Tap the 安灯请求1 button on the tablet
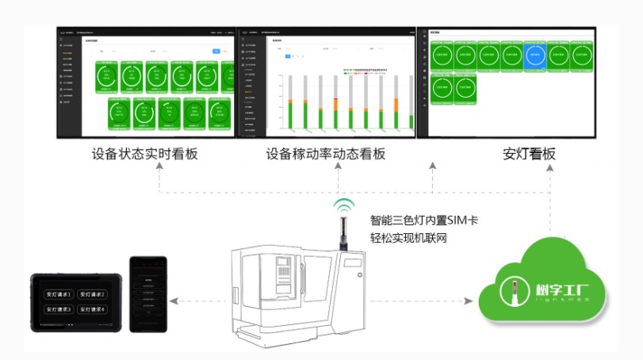pyautogui.click(x=60, y=294)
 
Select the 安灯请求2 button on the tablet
pyautogui.click(x=92, y=294)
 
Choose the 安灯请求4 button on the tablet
pyautogui.click(x=92, y=309)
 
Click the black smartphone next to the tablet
pyautogui.click(x=148, y=294)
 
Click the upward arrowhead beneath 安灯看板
pyautogui.click(x=550, y=166)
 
